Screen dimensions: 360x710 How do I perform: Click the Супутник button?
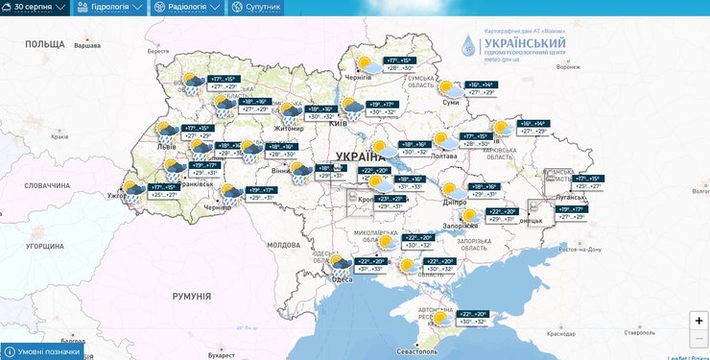tap(256, 7)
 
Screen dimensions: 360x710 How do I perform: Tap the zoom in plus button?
tap(698, 321)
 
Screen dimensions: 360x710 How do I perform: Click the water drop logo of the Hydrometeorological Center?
tap(467, 46)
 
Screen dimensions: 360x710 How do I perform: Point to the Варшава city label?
tap(86, 46)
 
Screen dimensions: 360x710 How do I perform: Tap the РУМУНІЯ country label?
tap(192, 297)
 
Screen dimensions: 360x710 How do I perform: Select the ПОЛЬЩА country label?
tap(44, 44)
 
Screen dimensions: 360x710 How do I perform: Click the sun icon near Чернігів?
tap(364, 63)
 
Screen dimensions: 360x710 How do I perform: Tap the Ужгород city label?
tap(118, 196)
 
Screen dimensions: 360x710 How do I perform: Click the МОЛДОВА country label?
tap(284, 245)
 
